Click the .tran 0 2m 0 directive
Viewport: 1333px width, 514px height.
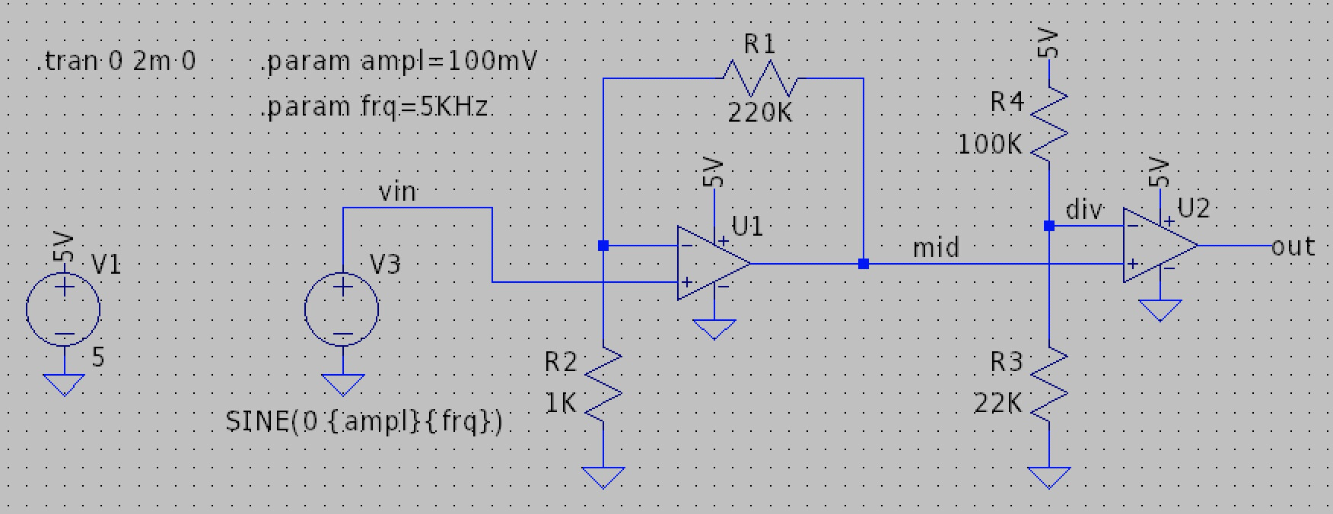tap(116, 62)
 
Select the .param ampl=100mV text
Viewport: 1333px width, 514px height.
tap(399, 62)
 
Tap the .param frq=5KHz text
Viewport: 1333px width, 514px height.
tap(374, 107)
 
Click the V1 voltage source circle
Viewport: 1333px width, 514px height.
tap(64, 309)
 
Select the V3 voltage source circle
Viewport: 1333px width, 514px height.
tap(342, 309)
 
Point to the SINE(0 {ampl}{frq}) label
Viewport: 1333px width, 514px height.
tap(364, 422)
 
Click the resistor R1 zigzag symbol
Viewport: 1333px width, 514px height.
tap(759, 78)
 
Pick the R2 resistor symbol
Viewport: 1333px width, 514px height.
tap(603, 384)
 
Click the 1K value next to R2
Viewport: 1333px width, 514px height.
tap(561, 404)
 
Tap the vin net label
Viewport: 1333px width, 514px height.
tap(397, 192)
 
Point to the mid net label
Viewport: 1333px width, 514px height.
tap(936, 248)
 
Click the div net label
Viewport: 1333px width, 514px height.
tap(1083, 209)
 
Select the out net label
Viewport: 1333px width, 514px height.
tap(1293, 246)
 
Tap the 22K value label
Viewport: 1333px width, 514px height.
tap(997, 405)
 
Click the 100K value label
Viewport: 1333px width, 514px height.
tap(989, 144)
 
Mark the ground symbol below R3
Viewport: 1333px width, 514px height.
tap(1049, 478)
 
